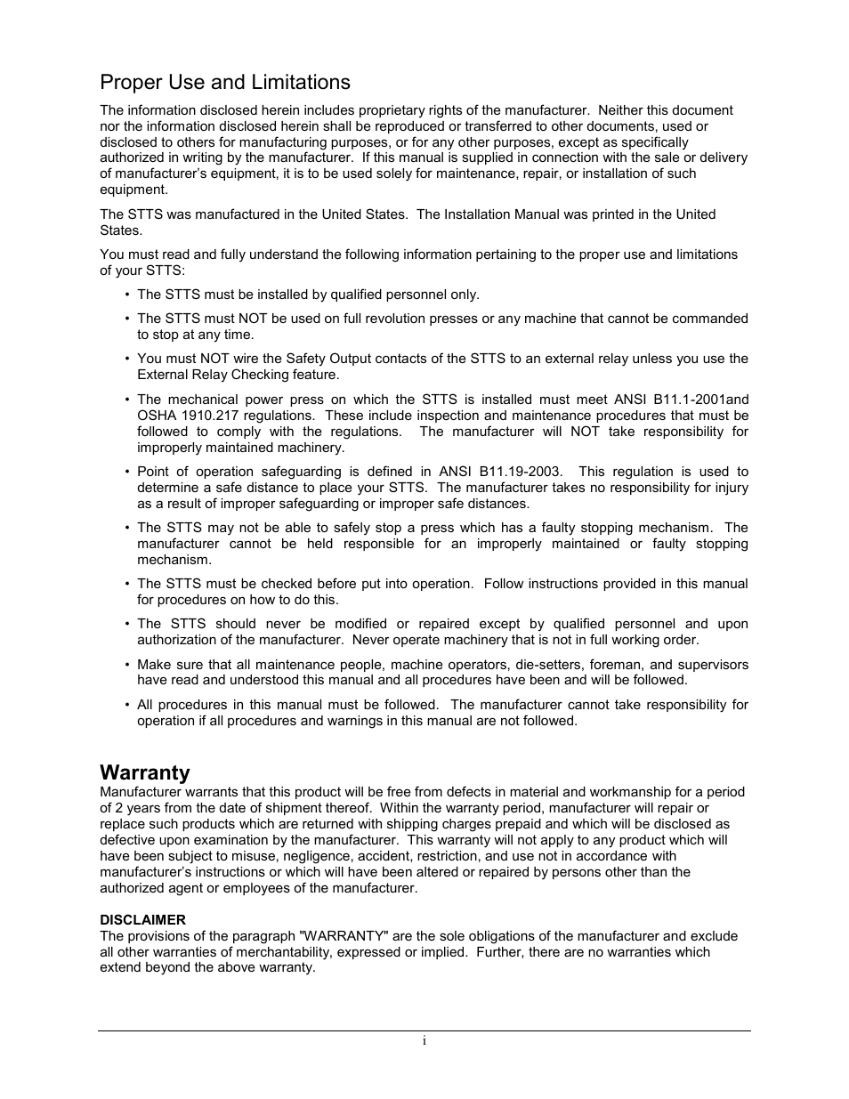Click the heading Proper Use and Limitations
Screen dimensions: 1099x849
point(225,83)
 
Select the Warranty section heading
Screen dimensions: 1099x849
point(145,772)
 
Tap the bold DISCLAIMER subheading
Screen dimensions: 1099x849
point(142,920)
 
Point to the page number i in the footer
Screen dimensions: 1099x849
point(424,1041)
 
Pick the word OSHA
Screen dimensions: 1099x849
point(156,416)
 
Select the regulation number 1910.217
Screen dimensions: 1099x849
point(214,416)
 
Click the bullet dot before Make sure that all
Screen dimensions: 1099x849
point(127,665)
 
